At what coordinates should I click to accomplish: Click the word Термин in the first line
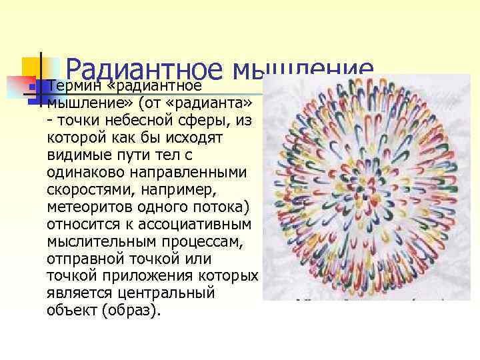click(71, 86)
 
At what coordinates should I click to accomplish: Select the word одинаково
click(82, 172)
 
